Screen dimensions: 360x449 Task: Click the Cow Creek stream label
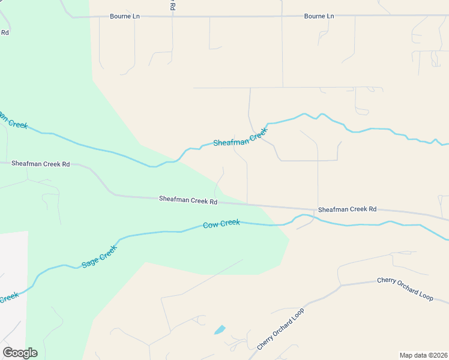(x=221, y=224)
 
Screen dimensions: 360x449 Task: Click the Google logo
(x=20, y=353)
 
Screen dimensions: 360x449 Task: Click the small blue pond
(x=220, y=329)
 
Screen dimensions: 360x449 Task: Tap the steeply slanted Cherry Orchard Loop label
(x=281, y=329)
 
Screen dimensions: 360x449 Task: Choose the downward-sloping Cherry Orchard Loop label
(x=405, y=289)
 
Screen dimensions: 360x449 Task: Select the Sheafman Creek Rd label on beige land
(x=347, y=209)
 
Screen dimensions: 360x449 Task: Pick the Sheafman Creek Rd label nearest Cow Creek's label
(x=188, y=200)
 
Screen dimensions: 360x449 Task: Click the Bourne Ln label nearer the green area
(x=125, y=16)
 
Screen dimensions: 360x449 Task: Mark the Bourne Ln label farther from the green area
(x=319, y=16)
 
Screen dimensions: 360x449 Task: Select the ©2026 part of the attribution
(x=436, y=355)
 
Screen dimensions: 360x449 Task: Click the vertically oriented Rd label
(x=172, y=6)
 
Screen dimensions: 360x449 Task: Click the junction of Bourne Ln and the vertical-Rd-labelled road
(x=172, y=16)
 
